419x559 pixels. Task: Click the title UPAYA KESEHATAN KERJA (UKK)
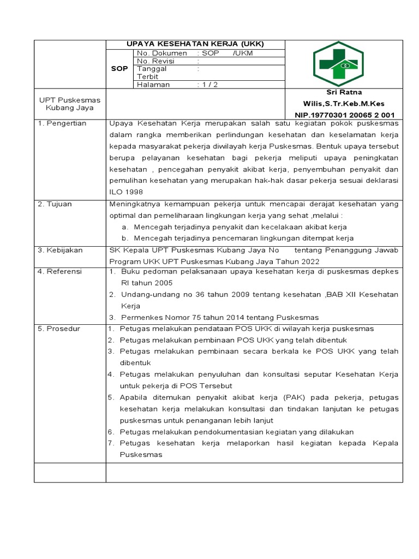tap(195, 44)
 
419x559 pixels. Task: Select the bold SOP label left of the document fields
tap(119, 69)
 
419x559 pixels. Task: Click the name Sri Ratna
tap(344, 92)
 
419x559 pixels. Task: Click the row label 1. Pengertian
tap(62, 123)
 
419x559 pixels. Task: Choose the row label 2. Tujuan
tap(56, 204)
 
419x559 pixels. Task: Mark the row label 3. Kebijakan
tap(60, 249)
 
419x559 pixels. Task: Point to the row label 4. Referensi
tap(60, 271)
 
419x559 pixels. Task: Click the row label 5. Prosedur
tap(59, 328)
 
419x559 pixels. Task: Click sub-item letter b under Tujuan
tap(125, 238)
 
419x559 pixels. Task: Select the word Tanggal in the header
tap(152, 69)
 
